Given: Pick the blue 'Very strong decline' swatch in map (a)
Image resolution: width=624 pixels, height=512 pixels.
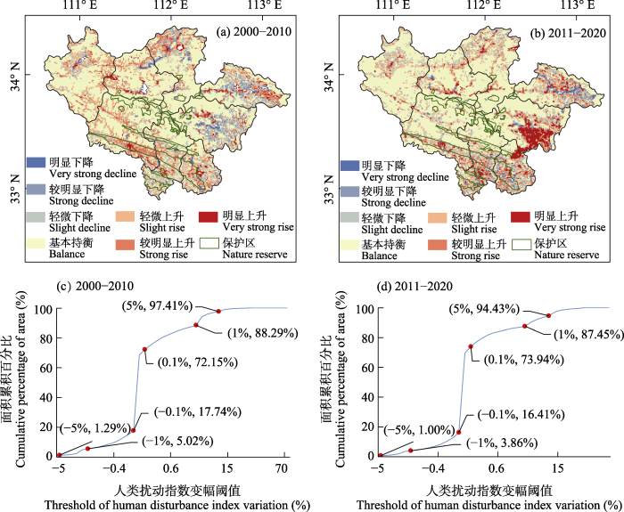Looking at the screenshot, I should click(x=35, y=162).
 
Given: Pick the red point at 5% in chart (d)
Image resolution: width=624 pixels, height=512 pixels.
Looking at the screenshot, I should click(x=548, y=315).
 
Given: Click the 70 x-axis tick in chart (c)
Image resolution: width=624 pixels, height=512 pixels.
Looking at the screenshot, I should click(x=283, y=468).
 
